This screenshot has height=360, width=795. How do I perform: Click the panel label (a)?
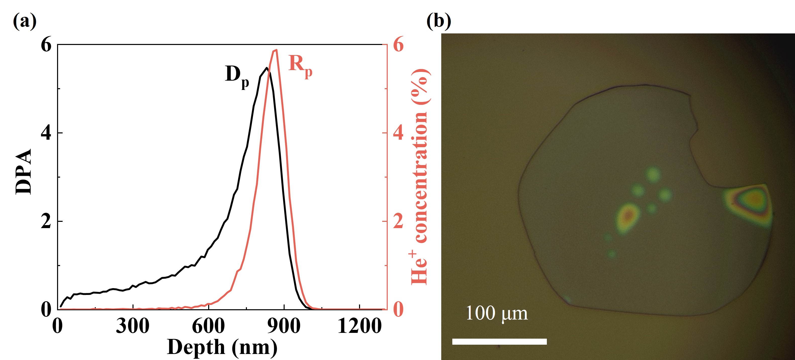(25, 22)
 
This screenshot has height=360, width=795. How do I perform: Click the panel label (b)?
(438, 22)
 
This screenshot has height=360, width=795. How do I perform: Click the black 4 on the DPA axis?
(46, 133)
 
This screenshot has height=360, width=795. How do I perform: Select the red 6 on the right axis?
(398, 45)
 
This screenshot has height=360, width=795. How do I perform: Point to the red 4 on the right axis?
(398, 133)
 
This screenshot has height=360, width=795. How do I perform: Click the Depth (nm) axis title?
(222, 347)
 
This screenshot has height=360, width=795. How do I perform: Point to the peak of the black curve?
(266, 68)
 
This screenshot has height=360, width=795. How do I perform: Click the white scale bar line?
(499, 341)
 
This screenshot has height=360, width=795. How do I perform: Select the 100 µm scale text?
(497, 314)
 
